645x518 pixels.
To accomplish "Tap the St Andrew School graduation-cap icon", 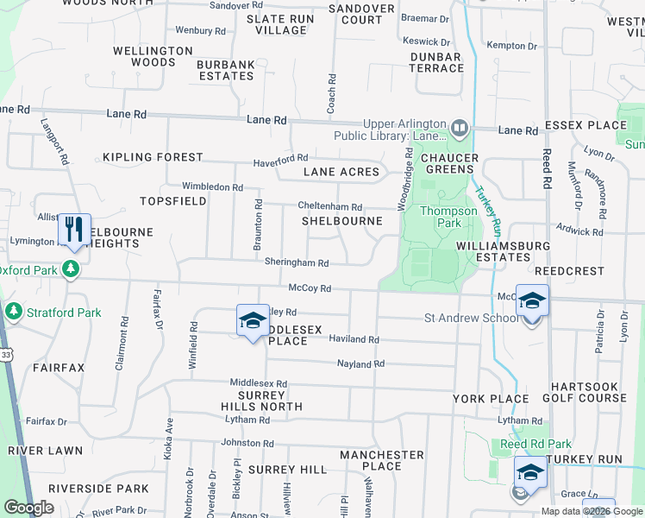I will coord(532,301).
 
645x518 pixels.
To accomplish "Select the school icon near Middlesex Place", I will coord(253,320).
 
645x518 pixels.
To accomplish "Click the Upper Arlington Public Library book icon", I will coord(460,129).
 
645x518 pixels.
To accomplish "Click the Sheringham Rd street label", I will coord(297,263).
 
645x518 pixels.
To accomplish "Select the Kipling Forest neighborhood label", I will coord(153,158).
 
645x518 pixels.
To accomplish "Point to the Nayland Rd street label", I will coord(360,364).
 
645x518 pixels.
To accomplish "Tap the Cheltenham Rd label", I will coord(329,207).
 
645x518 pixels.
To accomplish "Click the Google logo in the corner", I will coord(28,508).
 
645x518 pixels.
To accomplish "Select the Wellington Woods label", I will coord(153,56).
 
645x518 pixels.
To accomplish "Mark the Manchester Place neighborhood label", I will coord(382,460).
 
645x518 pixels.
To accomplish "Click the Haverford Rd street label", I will coord(280,161).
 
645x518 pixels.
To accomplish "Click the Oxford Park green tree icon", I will coord(72,269).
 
